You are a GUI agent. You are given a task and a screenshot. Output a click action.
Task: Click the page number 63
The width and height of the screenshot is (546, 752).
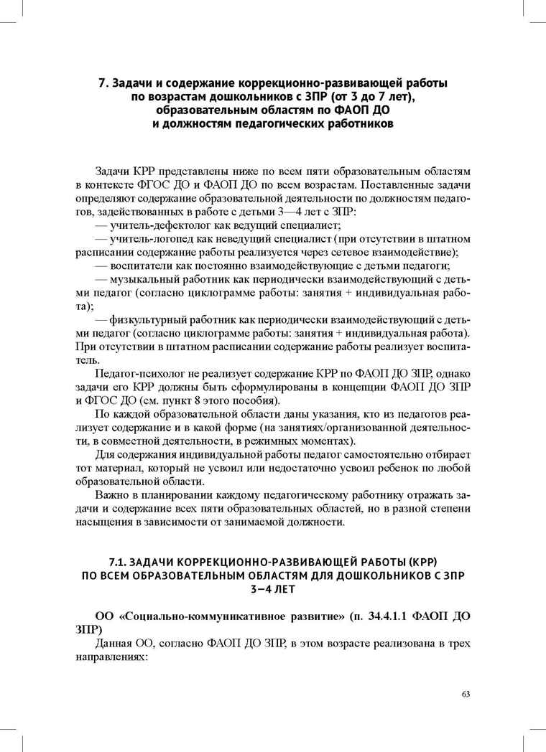coord(466,694)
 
